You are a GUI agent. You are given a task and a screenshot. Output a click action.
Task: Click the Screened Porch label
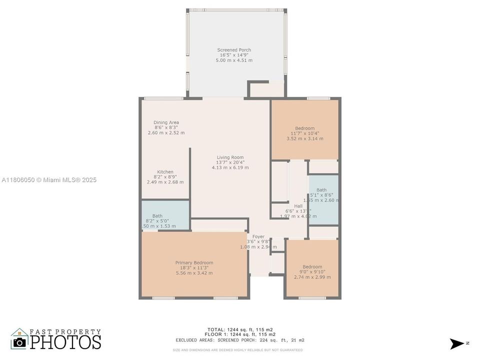(x=234, y=50)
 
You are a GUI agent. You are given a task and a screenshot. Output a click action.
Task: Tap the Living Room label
(x=230, y=157)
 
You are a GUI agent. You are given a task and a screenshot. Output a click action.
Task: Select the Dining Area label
(x=166, y=122)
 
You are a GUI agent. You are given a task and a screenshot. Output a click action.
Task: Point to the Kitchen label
(x=165, y=172)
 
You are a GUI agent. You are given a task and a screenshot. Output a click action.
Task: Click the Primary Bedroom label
(x=194, y=262)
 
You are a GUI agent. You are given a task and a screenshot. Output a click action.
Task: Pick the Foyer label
(x=258, y=236)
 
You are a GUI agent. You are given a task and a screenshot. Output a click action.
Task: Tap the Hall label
(x=298, y=206)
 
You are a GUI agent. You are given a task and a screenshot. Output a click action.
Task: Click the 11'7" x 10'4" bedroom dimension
(x=304, y=133)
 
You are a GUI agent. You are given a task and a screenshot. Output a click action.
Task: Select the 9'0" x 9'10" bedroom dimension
(x=312, y=272)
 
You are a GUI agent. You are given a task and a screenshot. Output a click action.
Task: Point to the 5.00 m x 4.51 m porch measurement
(x=234, y=60)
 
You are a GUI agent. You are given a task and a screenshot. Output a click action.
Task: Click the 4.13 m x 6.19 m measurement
(x=230, y=167)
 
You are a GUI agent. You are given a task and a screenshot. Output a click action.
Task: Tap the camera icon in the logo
(x=19, y=342)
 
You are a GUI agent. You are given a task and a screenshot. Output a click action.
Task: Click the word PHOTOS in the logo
(x=65, y=342)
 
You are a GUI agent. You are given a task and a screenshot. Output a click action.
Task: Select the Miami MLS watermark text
(x=49, y=180)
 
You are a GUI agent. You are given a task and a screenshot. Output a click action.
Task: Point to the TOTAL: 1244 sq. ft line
(x=239, y=329)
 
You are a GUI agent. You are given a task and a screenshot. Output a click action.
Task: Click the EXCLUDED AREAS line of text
(x=239, y=340)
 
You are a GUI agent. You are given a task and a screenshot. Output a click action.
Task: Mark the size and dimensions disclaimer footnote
(x=237, y=350)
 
